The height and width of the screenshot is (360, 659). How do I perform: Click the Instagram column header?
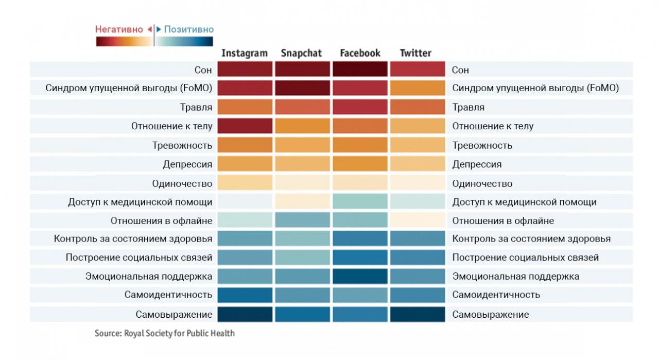pyautogui.click(x=245, y=53)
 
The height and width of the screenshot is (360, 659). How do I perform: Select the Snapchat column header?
pyautogui.click(x=301, y=53)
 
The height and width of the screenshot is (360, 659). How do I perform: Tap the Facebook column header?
pyautogui.click(x=360, y=53)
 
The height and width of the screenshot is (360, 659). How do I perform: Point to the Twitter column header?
pyautogui.click(x=415, y=53)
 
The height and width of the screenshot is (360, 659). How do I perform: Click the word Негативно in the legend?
pyautogui.click(x=119, y=29)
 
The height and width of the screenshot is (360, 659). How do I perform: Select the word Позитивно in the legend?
pyautogui.click(x=188, y=29)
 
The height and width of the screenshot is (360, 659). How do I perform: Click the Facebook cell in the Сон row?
pyautogui.click(x=360, y=69)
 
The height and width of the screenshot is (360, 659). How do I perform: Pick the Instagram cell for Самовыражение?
pyautogui.click(x=245, y=314)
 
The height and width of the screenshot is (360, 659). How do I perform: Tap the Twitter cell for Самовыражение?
pyautogui.click(x=418, y=314)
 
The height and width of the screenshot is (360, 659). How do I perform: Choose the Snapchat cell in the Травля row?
pyautogui.click(x=302, y=107)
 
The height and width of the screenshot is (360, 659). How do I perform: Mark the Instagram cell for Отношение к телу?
pyautogui.click(x=245, y=126)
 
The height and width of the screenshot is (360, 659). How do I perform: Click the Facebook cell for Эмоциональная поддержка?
pyautogui.click(x=360, y=276)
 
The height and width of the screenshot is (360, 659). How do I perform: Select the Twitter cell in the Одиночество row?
pyautogui.click(x=418, y=183)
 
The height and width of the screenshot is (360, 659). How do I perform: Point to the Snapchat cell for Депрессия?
pyautogui.click(x=302, y=164)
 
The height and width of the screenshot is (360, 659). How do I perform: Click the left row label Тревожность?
pyautogui.click(x=182, y=145)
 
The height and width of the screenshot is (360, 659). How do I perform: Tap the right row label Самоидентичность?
pyautogui.click(x=496, y=295)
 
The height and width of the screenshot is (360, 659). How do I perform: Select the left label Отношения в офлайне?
pyautogui.click(x=161, y=220)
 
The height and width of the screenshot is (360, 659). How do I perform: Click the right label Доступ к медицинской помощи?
pyautogui.click(x=524, y=202)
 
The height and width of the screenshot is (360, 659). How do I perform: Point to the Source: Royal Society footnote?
pyautogui.click(x=165, y=333)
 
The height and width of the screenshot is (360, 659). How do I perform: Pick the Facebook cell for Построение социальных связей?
pyautogui.click(x=360, y=257)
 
